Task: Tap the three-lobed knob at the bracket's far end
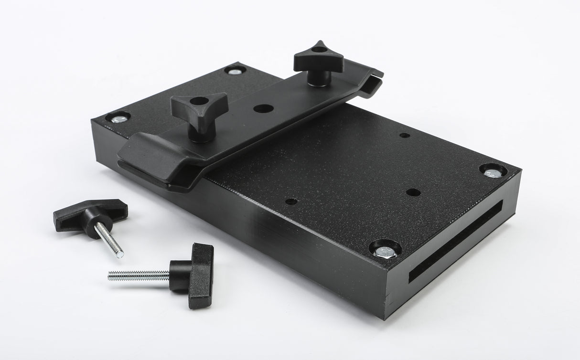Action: (318, 57)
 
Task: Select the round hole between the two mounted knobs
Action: (263, 108)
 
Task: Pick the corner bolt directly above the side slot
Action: (493, 171)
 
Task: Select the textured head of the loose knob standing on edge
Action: (201, 275)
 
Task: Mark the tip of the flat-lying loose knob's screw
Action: (119, 254)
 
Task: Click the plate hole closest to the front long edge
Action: (291, 201)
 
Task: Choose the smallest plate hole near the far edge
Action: (405, 136)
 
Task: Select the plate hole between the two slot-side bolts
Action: (413, 192)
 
